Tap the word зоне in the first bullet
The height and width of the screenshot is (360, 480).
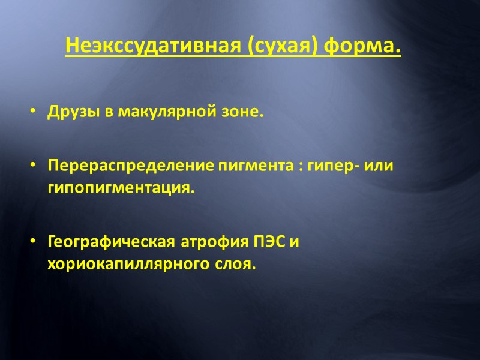(242, 113)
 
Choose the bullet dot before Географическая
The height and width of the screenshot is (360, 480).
(33, 242)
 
